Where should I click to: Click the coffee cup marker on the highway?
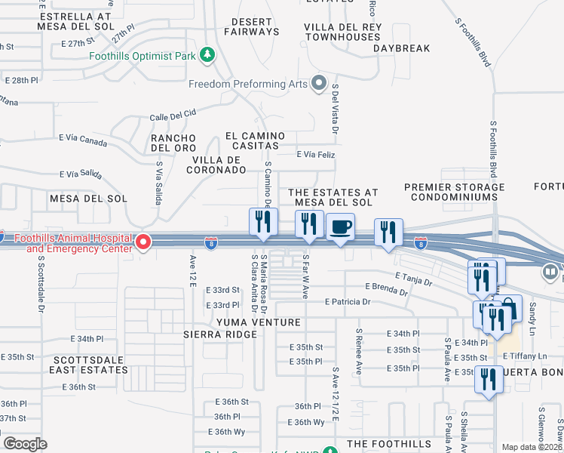click(340, 226)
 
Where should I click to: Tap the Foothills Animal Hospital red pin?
click(144, 242)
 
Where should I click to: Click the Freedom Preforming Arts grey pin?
click(319, 83)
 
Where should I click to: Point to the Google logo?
click(25, 444)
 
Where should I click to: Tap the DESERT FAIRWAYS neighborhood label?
click(250, 26)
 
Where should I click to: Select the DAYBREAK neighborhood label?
click(401, 48)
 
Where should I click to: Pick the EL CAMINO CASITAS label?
click(256, 140)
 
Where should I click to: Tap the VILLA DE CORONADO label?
click(219, 165)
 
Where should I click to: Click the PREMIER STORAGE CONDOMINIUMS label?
click(454, 192)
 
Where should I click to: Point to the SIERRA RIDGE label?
click(215, 334)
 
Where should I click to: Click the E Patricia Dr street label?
click(348, 302)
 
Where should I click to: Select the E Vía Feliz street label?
click(315, 154)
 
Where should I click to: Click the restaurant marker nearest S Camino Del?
click(262, 222)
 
